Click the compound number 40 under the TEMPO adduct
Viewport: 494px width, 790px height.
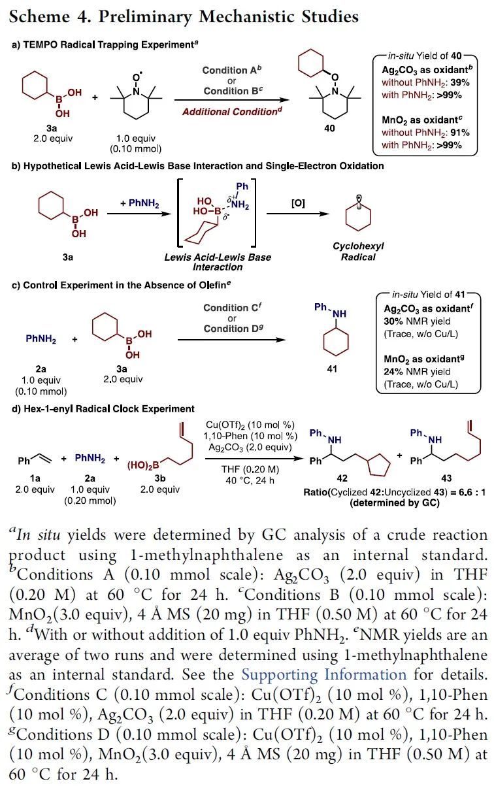coord(330,129)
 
